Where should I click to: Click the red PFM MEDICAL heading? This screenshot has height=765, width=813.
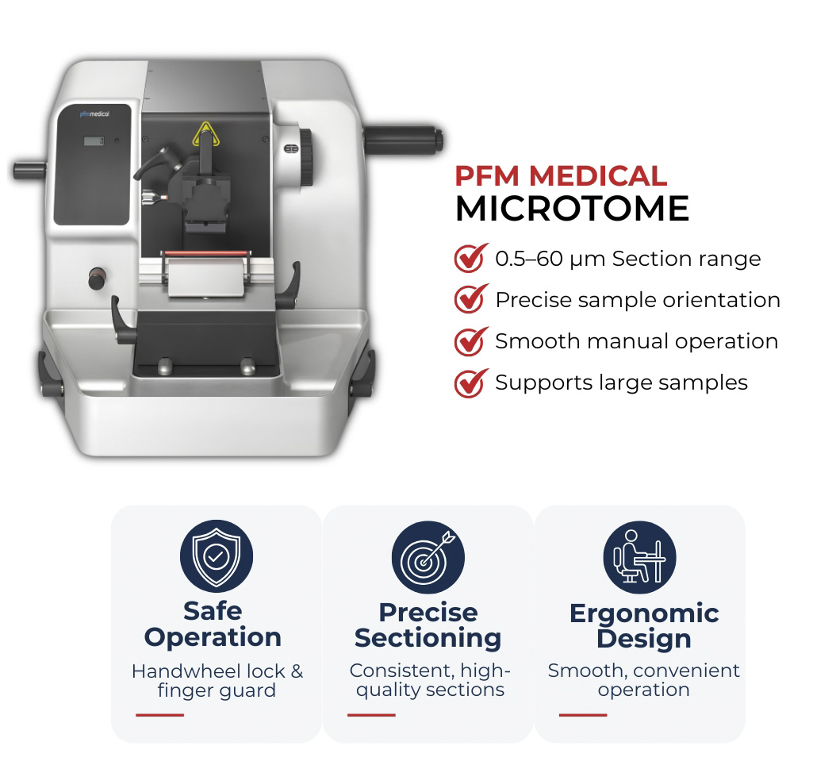561,176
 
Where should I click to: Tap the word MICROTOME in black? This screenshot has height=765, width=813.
573,209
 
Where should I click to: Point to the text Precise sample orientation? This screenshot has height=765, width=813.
638,300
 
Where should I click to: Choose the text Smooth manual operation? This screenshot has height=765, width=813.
637,341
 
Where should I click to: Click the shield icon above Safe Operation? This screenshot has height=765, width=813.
217,556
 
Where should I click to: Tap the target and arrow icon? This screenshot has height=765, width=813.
428,558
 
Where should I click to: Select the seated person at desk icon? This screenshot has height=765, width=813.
639,558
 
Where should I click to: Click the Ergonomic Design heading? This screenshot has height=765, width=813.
644,625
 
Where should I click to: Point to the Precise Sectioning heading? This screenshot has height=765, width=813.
428,625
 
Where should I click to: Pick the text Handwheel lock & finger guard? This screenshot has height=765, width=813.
217,680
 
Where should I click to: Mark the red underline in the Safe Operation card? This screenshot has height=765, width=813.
159,715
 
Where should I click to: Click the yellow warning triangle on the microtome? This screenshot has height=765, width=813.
206,134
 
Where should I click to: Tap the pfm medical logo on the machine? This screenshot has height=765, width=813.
94,113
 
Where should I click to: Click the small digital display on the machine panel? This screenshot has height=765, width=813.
94,140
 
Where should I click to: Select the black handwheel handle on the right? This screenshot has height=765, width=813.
402,140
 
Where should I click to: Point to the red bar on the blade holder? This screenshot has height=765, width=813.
206,254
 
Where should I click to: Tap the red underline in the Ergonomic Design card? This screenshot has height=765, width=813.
583,715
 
